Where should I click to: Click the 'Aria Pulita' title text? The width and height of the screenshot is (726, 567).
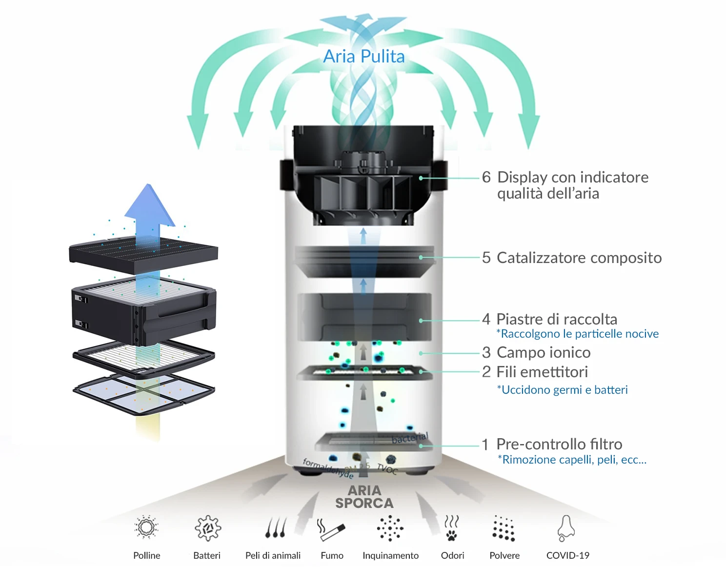pyautogui.click(x=364, y=57)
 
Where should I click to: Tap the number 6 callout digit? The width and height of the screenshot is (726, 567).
pyautogui.click(x=486, y=177)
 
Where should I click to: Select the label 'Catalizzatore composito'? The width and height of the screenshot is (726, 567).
pyautogui.click(x=579, y=258)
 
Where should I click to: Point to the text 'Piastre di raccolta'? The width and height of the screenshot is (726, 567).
pyautogui.click(x=556, y=319)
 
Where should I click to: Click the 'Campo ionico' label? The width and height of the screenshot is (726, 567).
pyautogui.click(x=543, y=352)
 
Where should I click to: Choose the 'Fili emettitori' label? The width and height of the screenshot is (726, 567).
pyautogui.click(x=542, y=372)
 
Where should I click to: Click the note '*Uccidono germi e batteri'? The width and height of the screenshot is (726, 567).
pyautogui.click(x=562, y=390)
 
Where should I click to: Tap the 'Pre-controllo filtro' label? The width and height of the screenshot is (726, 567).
pyautogui.click(x=559, y=444)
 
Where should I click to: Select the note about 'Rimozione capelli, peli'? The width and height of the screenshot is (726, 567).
pyautogui.click(x=572, y=460)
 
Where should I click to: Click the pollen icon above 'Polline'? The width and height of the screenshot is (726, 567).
pyautogui.click(x=146, y=527)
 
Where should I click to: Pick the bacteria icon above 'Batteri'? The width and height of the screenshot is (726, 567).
pyautogui.click(x=207, y=528)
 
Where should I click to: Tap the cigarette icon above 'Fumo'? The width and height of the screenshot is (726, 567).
pyautogui.click(x=332, y=529)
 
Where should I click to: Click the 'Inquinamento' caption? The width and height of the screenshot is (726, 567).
pyautogui.click(x=390, y=555)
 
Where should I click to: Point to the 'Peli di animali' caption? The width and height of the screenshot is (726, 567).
pyautogui.click(x=273, y=555)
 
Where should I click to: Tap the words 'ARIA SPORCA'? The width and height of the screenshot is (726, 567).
pyautogui.click(x=364, y=497)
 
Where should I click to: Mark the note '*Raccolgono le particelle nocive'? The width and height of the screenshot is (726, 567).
pyautogui.click(x=577, y=334)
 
